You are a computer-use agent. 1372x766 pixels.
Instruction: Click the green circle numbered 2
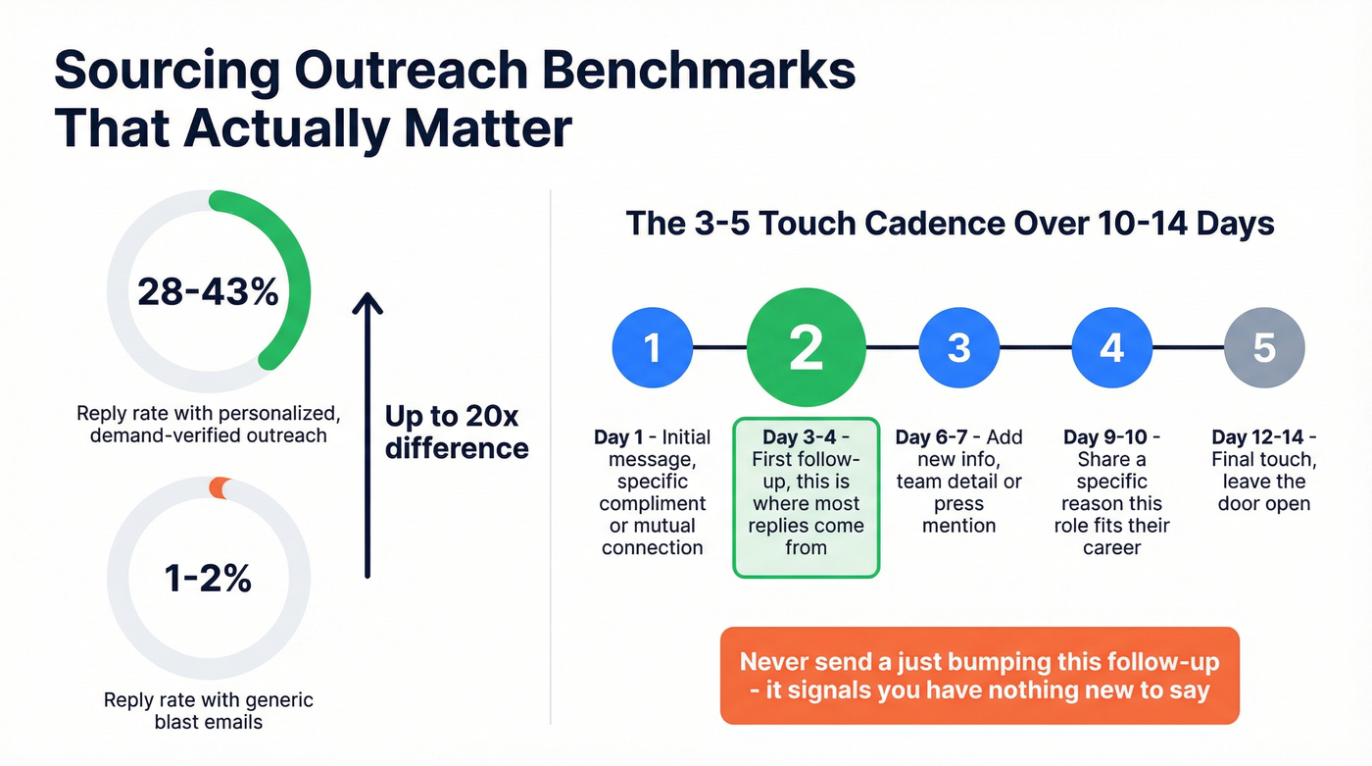806,348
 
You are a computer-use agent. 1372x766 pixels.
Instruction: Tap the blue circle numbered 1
652,348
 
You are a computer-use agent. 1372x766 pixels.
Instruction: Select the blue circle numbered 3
958,348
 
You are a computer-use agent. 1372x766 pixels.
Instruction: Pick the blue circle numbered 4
1111,348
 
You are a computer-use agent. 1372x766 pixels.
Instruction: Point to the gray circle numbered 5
1264,348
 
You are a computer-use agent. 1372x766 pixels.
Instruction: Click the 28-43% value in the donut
208,292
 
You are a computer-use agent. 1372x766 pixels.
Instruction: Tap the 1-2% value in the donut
208,579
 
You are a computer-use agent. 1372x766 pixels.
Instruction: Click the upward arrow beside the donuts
367,432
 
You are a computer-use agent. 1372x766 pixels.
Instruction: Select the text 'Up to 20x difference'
457,432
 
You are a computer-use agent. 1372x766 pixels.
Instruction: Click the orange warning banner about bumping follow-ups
979,676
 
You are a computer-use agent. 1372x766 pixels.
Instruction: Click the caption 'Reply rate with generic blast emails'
208,711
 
